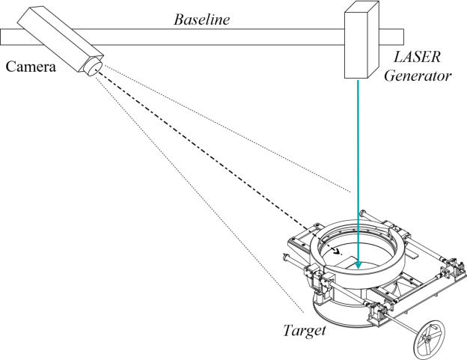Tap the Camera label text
pyautogui.click(x=31, y=67)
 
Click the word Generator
pyautogui.click(x=424, y=76)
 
